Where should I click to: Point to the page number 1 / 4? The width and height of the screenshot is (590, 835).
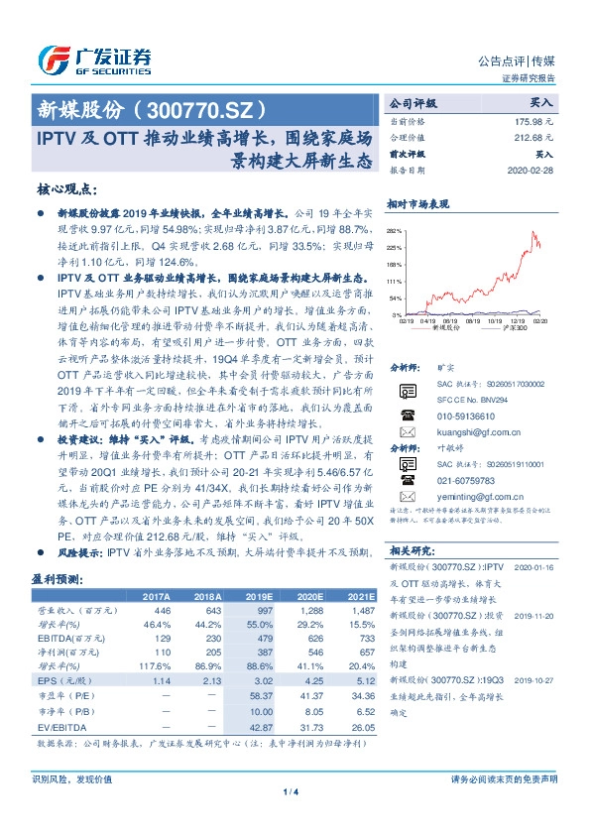pyautogui.click(x=295, y=791)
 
